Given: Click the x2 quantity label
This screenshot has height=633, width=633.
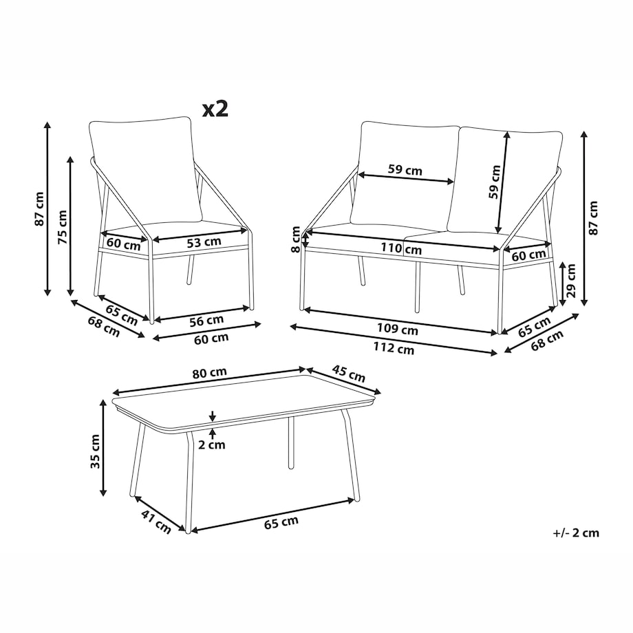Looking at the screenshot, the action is coord(215,109).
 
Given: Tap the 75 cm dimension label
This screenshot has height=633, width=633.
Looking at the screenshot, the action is coord(63,227).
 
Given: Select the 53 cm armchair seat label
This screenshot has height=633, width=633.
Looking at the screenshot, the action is coord(204,242).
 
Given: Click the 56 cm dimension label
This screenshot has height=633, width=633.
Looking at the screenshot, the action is coord(206,321).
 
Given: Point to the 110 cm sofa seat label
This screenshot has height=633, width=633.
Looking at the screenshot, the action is coord(401,248).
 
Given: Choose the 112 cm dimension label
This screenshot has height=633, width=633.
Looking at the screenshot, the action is coord(394,347).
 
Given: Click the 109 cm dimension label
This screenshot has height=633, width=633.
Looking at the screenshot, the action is coord(397,329).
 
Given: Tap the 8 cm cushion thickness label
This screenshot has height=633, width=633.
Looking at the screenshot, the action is coord(296,239).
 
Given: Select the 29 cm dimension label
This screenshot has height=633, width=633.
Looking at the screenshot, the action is coord(570,281).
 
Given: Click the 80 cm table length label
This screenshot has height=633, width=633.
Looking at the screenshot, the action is coord(209,373).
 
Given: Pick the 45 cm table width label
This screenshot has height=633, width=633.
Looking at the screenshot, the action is coord(348,374).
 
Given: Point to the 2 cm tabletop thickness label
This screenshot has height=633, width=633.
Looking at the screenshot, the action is coord(212,445).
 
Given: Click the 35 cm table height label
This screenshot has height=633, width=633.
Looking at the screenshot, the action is coord(95,451).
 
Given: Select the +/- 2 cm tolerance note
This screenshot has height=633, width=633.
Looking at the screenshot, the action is coord(576,533).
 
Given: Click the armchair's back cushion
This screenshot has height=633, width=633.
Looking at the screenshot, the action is coord(145,169).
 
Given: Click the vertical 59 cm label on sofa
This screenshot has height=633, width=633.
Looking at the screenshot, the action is coord(494,182).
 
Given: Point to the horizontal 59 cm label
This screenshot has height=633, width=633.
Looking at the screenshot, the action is coord(405,169).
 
